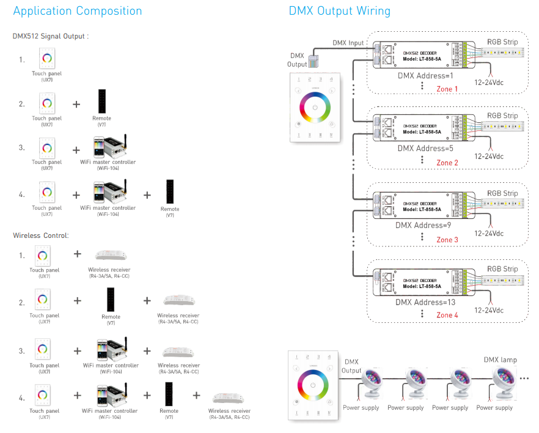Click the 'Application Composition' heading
click(78, 11)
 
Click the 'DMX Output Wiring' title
click(339, 11)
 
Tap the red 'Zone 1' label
click(447, 89)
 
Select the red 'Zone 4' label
click(447, 316)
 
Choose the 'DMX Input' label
click(348, 43)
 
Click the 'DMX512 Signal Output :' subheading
click(51, 36)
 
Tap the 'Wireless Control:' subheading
click(41, 235)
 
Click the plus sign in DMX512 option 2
click(76, 104)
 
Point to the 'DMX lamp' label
click(500, 360)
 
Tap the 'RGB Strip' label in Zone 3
click(502, 194)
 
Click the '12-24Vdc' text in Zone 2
click(489, 157)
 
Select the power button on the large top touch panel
click(315, 108)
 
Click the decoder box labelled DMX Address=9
click(422, 205)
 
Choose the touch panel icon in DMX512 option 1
click(46, 60)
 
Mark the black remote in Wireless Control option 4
click(169, 395)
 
